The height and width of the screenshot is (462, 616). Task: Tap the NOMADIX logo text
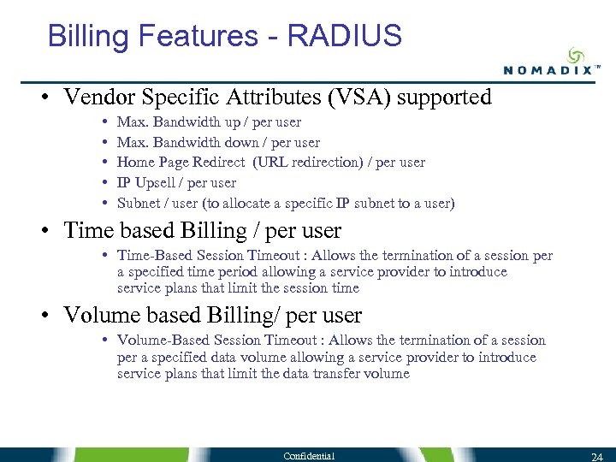coord(548,71)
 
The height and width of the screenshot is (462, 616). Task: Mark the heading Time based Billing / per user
coord(202,231)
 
